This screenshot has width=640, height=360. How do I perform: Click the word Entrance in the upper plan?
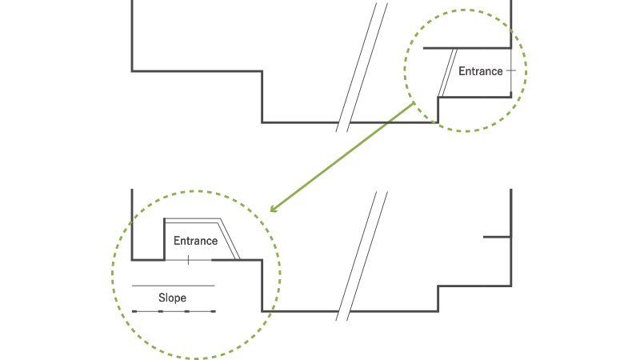click(481, 71)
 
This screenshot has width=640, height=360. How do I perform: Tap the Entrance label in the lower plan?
click(195, 241)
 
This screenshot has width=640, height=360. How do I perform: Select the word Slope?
click(172, 298)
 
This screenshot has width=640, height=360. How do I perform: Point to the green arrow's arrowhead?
click(273, 210)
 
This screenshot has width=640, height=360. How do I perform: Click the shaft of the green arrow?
click(344, 155)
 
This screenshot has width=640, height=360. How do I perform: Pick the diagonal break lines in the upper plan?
click(362, 67)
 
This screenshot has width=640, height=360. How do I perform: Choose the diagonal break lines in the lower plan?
click(362, 256)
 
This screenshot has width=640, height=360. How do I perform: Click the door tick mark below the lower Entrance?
click(188, 260)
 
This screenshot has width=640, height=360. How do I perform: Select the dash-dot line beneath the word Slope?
click(174, 310)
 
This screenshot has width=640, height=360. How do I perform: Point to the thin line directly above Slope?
click(174, 286)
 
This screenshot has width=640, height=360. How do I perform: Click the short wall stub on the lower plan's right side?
click(496, 237)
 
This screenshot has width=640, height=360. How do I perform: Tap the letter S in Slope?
click(161, 298)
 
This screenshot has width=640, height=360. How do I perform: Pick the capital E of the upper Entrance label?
click(462, 71)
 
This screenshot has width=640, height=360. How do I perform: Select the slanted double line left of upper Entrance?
click(447, 72)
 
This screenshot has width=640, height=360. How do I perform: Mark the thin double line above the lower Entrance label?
click(192, 220)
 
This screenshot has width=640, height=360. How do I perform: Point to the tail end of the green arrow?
click(413, 103)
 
